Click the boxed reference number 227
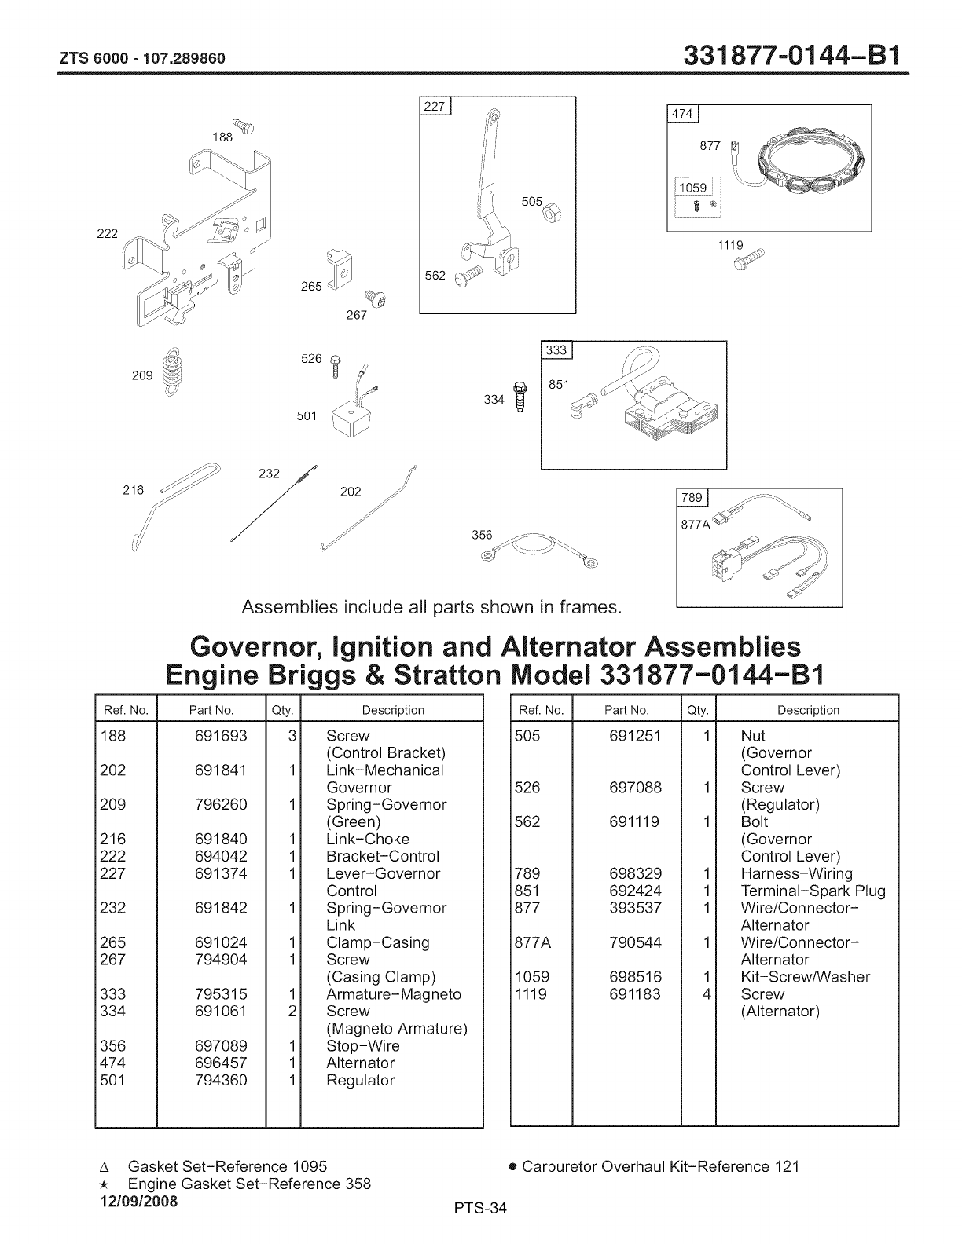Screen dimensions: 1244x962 [x=435, y=108]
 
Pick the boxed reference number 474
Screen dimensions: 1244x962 [x=681, y=115]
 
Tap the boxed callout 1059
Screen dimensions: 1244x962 [x=692, y=188]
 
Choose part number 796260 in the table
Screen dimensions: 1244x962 [x=220, y=805]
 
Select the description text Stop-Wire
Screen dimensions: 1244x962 [x=362, y=1046]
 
